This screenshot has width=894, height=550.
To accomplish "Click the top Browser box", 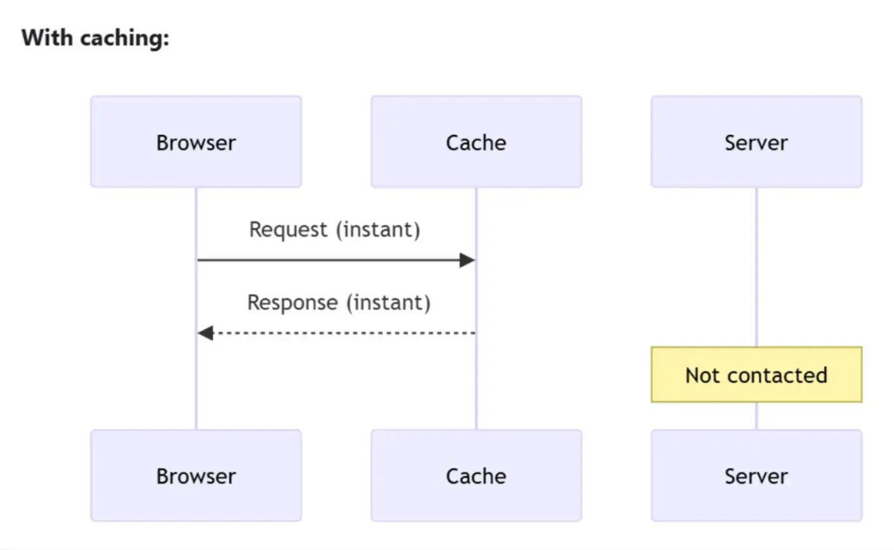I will pyautogui.click(x=196, y=142).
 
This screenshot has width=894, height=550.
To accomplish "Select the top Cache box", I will pyautogui.click(x=476, y=142).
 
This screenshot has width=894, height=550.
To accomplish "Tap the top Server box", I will pyautogui.click(x=756, y=142).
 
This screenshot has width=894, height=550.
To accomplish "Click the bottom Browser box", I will pyautogui.click(x=196, y=475).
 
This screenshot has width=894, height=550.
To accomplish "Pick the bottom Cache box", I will pyautogui.click(x=476, y=475).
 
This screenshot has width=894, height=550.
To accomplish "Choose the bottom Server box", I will pyautogui.click(x=756, y=475).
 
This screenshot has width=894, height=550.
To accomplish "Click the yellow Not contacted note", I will pyautogui.click(x=756, y=374).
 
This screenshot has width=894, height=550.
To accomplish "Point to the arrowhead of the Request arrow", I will pyautogui.click(x=467, y=260).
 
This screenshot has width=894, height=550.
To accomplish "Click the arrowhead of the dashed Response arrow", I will pyautogui.click(x=205, y=333).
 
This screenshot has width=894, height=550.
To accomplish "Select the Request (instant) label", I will pyautogui.click(x=335, y=229).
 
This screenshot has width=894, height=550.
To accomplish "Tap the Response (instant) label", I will pyautogui.click(x=339, y=302).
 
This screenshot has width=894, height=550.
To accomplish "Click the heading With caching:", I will pyautogui.click(x=95, y=38).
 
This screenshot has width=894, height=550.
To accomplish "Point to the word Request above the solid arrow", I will pyautogui.click(x=288, y=229).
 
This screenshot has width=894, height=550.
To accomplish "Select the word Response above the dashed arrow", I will pyautogui.click(x=292, y=302).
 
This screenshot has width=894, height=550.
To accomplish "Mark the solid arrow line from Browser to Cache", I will pyautogui.click(x=330, y=260).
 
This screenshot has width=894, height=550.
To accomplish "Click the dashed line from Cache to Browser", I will pyautogui.click(x=342, y=333).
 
